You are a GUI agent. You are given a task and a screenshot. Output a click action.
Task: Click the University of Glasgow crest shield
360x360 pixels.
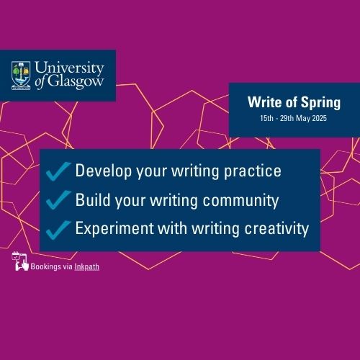point(21,76)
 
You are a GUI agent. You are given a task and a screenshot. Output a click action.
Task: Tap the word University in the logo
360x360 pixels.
point(69,68)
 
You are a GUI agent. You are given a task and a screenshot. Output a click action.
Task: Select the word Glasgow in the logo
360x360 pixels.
point(76,81)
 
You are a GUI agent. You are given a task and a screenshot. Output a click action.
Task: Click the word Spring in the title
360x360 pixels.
point(320,103)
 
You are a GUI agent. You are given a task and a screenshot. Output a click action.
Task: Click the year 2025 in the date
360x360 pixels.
point(319,118)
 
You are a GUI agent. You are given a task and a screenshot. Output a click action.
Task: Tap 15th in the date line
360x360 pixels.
point(266,118)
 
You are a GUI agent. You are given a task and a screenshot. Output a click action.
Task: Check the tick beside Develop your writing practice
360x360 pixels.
point(58,171)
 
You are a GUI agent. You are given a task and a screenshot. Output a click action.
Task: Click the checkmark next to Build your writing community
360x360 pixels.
point(58,199)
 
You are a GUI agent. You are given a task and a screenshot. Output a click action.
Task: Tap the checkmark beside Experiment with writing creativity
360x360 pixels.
point(58,230)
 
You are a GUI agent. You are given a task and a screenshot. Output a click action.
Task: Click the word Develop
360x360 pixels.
point(104,171)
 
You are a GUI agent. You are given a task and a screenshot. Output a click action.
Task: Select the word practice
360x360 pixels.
point(253,171)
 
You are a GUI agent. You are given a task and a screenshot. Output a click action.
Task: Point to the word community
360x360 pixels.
point(240,201)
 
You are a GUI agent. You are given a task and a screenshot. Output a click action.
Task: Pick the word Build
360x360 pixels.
point(93,199)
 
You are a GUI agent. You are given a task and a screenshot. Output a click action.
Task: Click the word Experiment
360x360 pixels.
point(114,228)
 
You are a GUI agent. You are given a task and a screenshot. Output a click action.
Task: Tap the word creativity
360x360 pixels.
point(276,229)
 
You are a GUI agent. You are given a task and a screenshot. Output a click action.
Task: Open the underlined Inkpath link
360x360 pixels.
point(87,267)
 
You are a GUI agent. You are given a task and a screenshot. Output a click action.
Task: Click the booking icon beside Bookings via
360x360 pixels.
point(20,261)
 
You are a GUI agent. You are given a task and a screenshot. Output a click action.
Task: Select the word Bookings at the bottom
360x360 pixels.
point(46,267)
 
